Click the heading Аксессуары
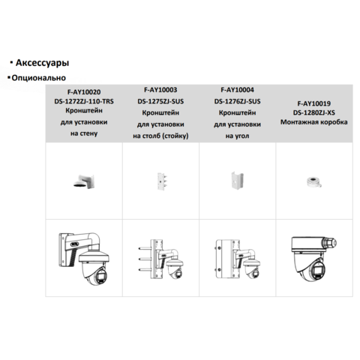click(42, 63)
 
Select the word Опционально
click(39, 78)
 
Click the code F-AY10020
click(84, 92)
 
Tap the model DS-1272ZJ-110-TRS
click(84, 101)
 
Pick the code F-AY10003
click(160, 90)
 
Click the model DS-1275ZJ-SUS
click(160, 101)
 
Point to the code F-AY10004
click(237, 90)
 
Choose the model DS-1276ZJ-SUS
click(237, 101)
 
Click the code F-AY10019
click(314, 103)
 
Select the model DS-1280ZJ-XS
click(314, 112)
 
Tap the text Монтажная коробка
click(314, 122)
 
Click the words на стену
click(84, 133)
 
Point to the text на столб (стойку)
click(160, 136)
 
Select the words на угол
click(237, 136)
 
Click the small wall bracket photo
click(84, 181)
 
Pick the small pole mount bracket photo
click(162, 181)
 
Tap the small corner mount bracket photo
click(237, 180)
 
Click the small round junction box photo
click(313, 182)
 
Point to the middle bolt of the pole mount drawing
click(145, 259)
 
